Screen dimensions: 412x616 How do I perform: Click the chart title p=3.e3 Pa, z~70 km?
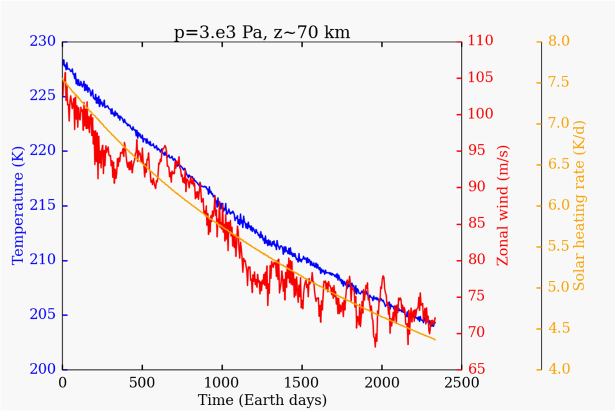point(262,32)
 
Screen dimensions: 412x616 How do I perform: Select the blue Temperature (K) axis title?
point(18,206)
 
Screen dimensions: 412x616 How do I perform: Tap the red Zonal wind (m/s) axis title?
point(502,206)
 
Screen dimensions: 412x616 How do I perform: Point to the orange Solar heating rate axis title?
point(579,206)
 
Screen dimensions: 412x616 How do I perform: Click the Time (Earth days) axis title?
point(262,400)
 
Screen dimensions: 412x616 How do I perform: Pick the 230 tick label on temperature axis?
point(42,42)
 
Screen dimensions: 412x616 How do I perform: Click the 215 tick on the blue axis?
point(42,206)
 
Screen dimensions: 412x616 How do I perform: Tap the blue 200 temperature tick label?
point(42,369)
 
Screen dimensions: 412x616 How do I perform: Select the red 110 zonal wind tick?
point(480,41)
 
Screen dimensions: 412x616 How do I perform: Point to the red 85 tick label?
point(477,223)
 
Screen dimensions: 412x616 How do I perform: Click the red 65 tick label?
point(477,369)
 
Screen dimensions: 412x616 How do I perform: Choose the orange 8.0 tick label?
point(559,41)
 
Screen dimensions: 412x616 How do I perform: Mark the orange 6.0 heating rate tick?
point(559,205)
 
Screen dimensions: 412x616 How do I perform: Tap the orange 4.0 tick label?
point(559,369)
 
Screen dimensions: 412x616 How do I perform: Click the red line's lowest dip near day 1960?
point(376,347)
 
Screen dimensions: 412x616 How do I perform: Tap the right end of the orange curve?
point(435,340)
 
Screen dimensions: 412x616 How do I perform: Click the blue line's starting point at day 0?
point(63,60)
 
